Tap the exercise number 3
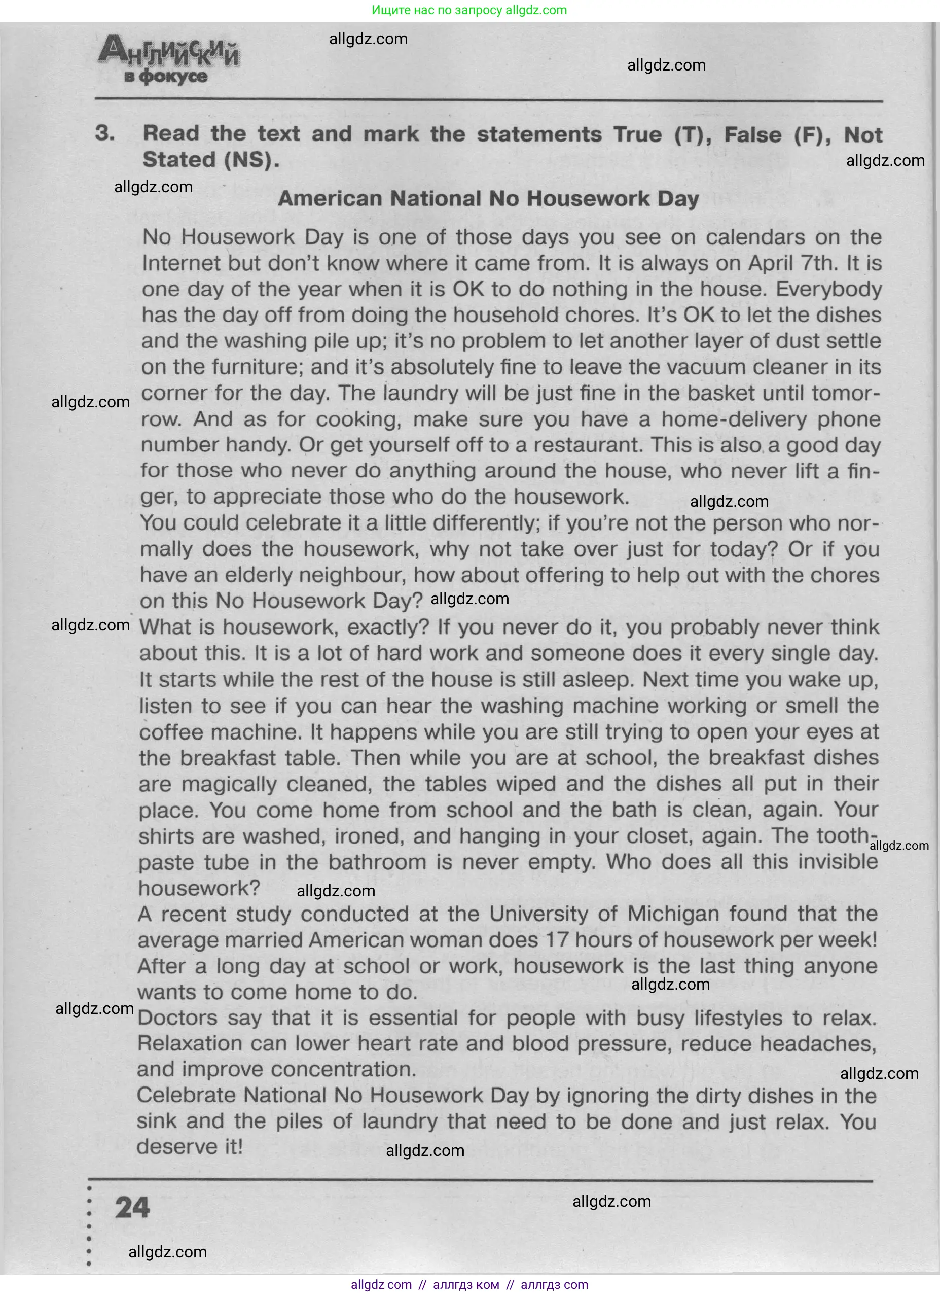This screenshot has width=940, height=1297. click(104, 133)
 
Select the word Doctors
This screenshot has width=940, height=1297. click(178, 1018)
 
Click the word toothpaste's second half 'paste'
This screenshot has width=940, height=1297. click(166, 862)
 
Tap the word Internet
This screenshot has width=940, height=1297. click(180, 263)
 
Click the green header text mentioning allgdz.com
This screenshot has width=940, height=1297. click(469, 10)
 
